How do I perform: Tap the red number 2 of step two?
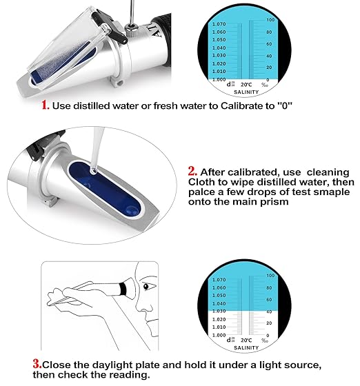(x=192, y=172)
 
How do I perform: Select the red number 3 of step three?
(x=36, y=364)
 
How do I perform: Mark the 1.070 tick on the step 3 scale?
(x=219, y=281)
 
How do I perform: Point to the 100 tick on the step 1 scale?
(x=270, y=20)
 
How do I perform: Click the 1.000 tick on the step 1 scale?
(x=219, y=79)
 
